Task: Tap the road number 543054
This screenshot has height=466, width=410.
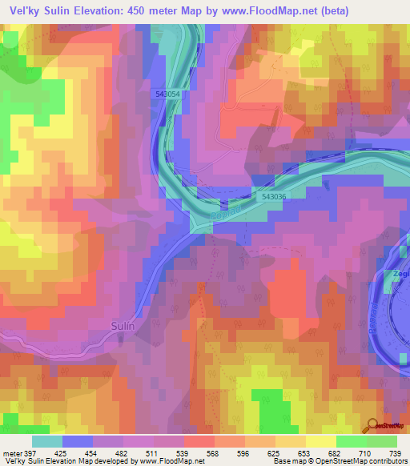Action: pos(168,94)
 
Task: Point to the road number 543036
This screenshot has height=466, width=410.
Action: pos(273,195)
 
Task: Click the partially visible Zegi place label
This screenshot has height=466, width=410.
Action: pos(400,274)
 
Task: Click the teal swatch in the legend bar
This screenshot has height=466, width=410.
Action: pos(47,441)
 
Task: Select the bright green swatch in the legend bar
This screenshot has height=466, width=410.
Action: pos(351,441)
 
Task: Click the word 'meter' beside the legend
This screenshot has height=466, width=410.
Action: pos(11,452)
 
